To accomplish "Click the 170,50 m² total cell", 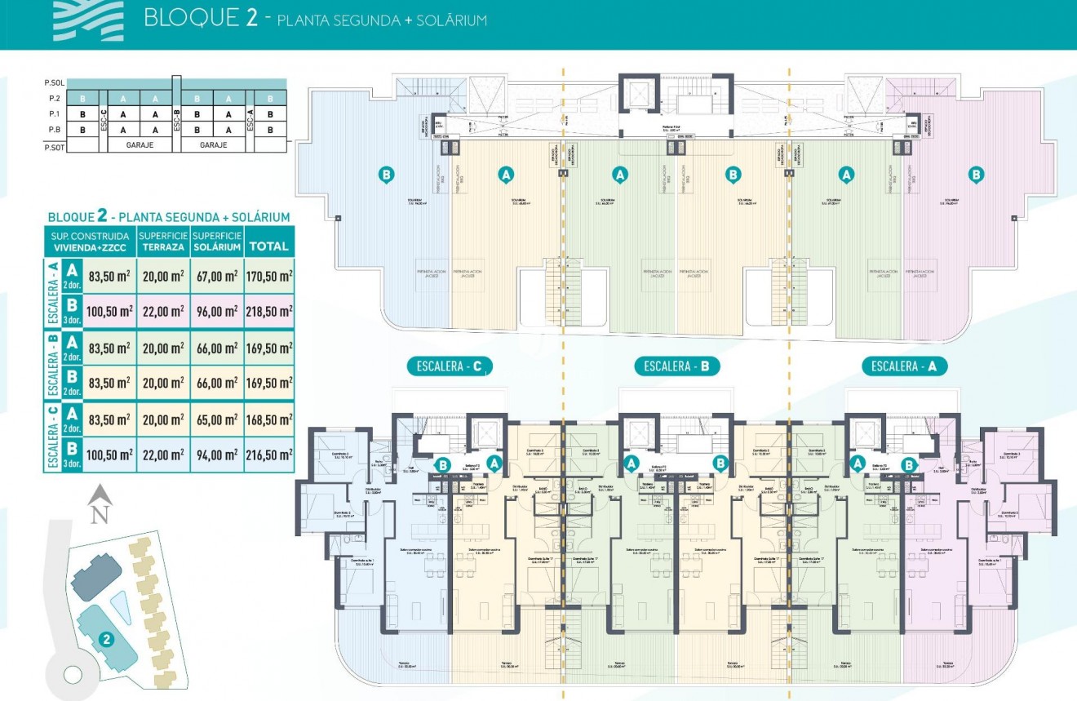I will click(x=268, y=277).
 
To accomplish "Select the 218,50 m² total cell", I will click(x=268, y=311).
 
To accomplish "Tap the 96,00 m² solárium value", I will click(x=217, y=311).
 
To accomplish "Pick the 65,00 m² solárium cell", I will click(x=217, y=419).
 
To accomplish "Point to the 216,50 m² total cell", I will click(x=268, y=455).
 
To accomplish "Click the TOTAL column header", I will click(x=268, y=246).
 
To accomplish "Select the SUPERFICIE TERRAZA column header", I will click(x=163, y=241).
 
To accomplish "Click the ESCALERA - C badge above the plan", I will click(x=450, y=366).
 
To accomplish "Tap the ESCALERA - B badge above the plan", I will click(x=677, y=366).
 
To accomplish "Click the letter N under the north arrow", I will click(x=100, y=514).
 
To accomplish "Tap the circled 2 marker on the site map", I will click(x=105, y=639).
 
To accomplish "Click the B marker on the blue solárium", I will click(x=387, y=174).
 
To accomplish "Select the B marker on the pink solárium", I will click(x=976, y=174).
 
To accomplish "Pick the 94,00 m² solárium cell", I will click(x=217, y=455).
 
